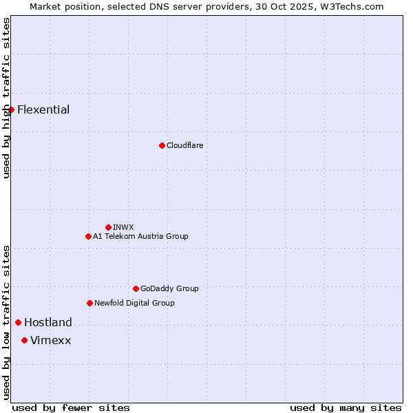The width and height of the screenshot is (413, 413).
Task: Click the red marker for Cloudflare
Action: coord(162,145)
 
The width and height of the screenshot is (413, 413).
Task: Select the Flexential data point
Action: coord(11,109)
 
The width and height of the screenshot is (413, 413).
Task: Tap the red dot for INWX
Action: coord(108,227)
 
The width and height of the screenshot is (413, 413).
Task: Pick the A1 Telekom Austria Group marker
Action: coord(88,236)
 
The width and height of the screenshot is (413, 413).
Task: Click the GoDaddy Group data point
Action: coord(136,288)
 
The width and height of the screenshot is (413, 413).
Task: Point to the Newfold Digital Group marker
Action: coord(89,303)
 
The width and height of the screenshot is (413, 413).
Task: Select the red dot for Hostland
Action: coord(18,322)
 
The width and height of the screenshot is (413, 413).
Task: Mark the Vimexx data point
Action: coord(24,340)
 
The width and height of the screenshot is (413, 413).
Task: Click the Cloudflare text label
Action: coord(184,145)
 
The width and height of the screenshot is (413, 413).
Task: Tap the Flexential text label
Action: coord(43,109)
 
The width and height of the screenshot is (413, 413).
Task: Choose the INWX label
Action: coord(123,227)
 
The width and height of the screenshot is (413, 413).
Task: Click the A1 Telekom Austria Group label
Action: coord(140,236)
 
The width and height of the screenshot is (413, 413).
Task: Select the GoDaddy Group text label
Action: coord(169,288)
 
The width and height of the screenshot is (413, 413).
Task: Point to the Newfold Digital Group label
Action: coord(134,303)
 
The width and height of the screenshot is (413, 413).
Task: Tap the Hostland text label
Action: coord(48,322)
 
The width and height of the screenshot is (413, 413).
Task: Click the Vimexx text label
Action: coord(50,340)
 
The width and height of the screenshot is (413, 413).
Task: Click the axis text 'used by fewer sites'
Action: coord(71,407)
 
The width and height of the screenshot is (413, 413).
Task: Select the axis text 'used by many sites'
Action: coord(346,407)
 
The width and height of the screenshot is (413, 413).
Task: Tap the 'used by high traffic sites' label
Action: coord(6,98)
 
